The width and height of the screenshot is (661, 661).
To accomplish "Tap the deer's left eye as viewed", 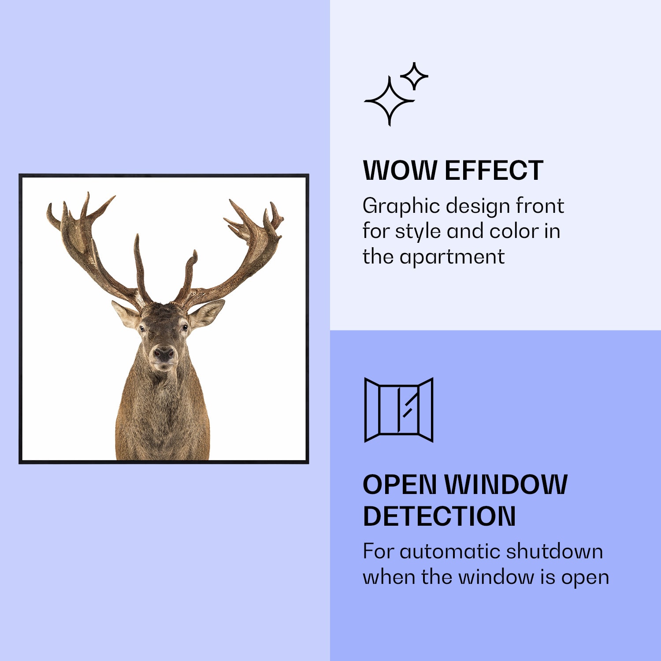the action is point(142,328).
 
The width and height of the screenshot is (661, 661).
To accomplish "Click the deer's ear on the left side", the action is point(126,314).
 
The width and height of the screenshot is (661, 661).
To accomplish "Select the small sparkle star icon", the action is point(414,76).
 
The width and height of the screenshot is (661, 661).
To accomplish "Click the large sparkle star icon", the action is point(389,101).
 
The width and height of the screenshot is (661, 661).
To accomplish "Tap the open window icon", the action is point(399,410).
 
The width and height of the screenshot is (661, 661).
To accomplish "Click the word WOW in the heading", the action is point(400,171).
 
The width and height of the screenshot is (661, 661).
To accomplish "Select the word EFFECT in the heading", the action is point(494,171).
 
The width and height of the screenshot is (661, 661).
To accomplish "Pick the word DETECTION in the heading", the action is point(439,516).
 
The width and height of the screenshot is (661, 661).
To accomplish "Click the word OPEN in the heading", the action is point(400,485).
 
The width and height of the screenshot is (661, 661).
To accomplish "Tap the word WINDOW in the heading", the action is point(506,485).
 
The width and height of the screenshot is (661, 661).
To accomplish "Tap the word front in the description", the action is point(540,206).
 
